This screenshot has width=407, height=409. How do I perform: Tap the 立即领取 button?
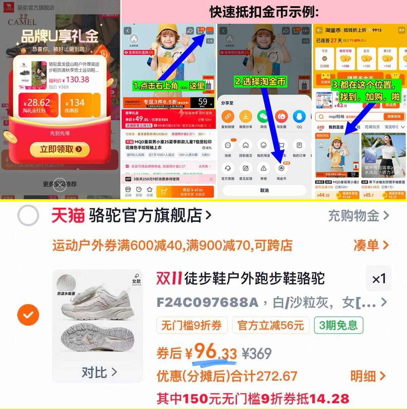pyautogui.click(x=60, y=149)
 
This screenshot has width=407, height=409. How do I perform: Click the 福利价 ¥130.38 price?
pyautogui.click(x=69, y=80)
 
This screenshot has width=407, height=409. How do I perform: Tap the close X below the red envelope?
pyautogui.click(x=60, y=185)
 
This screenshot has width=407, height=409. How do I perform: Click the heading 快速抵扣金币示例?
pyautogui.click(x=264, y=12)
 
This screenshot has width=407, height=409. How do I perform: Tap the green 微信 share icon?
pyautogui.click(x=263, y=117)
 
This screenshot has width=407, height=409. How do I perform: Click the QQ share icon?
pyautogui.click(x=299, y=117)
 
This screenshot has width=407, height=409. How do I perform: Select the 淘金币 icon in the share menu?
pyautogui.click(x=281, y=169)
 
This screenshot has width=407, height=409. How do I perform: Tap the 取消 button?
pyautogui.click(x=264, y=190)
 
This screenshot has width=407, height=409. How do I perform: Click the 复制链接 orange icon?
pyautogui.click(x=228, y=117)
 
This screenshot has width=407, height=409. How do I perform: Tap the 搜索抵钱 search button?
pyautogui.click(x=394, y=116)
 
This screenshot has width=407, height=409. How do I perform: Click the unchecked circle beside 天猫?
pyautogui.click(x=28, y=216)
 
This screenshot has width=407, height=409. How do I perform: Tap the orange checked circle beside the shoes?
pyautogui.click(x=28, y=315)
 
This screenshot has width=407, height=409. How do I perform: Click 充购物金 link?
pyautogui.click(x=358, y=216)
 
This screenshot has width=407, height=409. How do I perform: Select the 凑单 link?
pyautogui.click(x=370, y=245)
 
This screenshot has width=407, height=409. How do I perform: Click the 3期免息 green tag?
pyautogui.click(x=338, y=325)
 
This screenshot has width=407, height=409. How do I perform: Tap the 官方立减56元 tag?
pyautogui.click(x=270, y=325)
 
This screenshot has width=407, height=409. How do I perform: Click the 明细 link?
pyautogui.click(x=367, y=376)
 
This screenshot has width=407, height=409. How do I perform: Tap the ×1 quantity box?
pyautogui.click(x=379, y=279)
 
